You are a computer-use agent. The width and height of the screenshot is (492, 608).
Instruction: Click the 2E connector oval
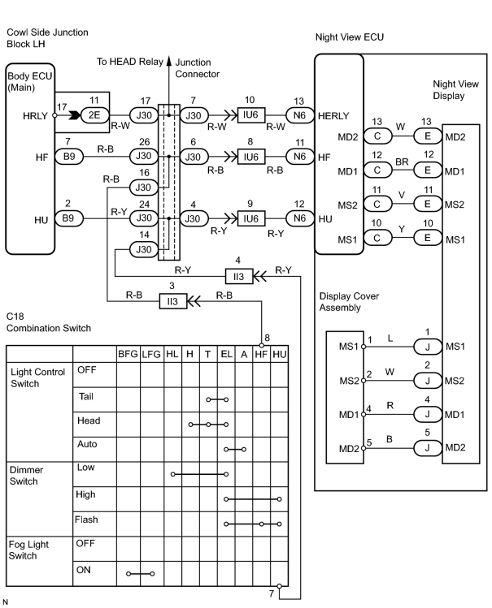tap(94, 115)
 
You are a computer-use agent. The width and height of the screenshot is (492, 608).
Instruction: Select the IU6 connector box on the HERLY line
tap(250, 115)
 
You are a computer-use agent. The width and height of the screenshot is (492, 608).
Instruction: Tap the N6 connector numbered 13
tap(299, 115)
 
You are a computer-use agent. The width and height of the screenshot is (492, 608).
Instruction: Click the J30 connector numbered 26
tap(144, 156)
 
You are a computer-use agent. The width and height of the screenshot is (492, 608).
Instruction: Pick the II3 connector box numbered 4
tap(239, 277)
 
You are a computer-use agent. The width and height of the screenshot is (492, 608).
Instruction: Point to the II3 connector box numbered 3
tap(172, 301)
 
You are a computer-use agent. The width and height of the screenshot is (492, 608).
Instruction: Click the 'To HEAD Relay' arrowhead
tap(169, 61)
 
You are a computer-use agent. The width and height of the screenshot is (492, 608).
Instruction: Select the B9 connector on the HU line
tap(68, 218)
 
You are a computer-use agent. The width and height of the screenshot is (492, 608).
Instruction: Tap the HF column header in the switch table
tap(261, 354)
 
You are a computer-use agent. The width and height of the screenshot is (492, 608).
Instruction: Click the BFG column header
tap(128, 354)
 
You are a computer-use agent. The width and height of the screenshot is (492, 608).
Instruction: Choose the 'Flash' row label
tap(86, 520)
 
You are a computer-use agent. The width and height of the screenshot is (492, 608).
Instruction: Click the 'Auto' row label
tap(87, 444)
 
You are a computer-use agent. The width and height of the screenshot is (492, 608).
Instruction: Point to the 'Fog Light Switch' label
tap(28, 550)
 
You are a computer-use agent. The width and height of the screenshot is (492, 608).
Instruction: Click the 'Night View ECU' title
tap(350, 37)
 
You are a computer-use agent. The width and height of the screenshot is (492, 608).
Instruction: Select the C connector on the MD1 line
tap(377, 170)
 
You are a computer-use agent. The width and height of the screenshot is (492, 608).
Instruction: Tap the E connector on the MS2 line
tap(428, 204)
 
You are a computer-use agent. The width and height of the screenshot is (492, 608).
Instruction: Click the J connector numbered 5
tap(428, 448)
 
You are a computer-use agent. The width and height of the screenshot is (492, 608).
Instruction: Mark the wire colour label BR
tap(402, 162)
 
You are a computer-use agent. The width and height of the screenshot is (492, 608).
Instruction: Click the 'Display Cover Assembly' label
tap(349, 302)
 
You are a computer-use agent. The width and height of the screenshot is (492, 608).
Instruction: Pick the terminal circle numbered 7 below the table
tap(279, 586)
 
